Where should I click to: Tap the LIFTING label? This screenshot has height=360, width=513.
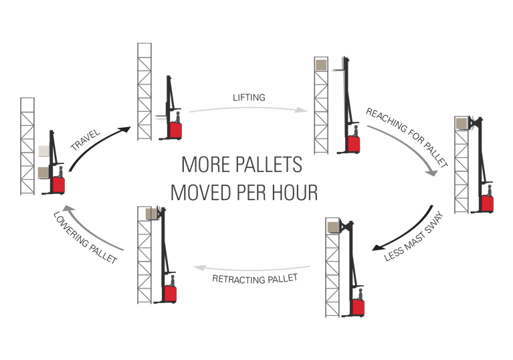[x=249, y=98]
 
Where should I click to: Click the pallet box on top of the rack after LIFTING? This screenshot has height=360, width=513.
[x=322, y=65]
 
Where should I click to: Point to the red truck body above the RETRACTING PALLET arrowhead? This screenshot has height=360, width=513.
[x=170, y=292]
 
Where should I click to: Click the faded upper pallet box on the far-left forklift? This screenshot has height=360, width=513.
[x=44, y=151]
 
